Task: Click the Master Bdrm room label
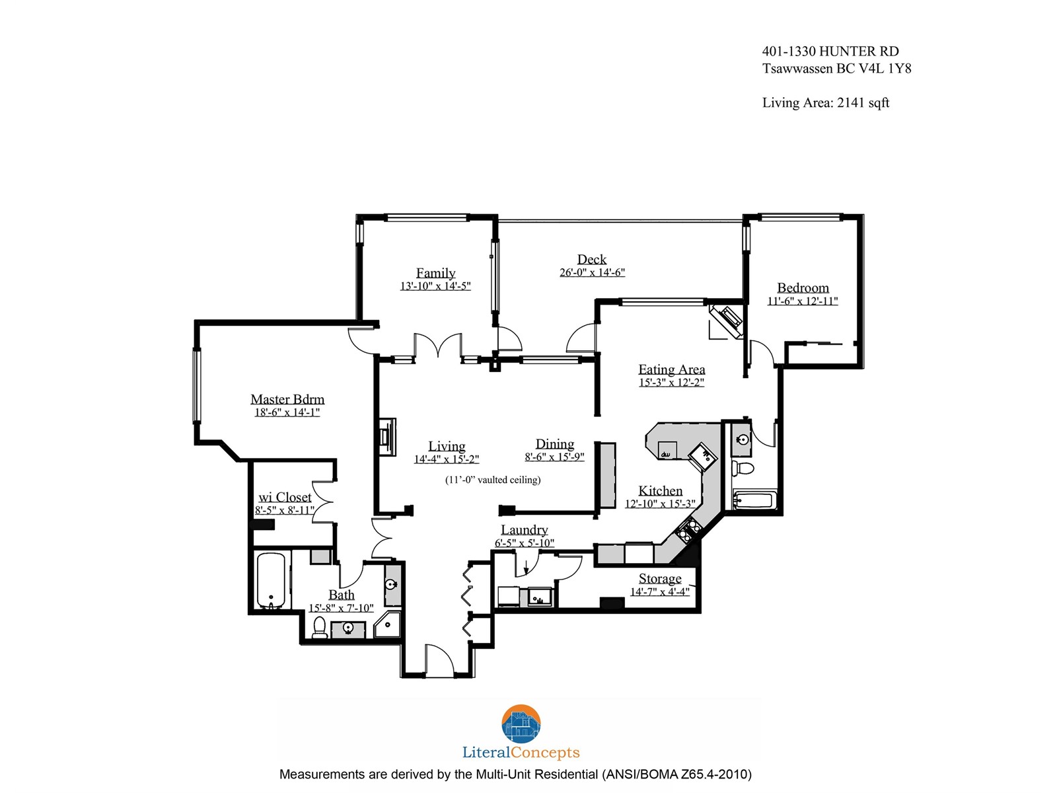pyautogui.click(x=287, y=399)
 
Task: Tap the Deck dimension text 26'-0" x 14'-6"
pyautogui.click(x=592, y=272)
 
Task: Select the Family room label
pyautogui.click(x=435, y=273)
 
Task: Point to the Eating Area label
pyautogui.click(x=671, y=369)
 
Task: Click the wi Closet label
pyautogui.click(x=285, y=497)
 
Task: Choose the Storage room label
pyautogui.click(x=660, y=578)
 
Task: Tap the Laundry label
pyautogui.click(x=524, y=529)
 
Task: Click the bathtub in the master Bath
pyautogui.click(x=271, y=581)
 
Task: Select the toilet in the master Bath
pyautogui.click(x=319, y=628)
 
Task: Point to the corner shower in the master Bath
pyautogui.click(x=388, y=624)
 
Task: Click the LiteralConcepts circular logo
pyautogui.click(x=521, y=724)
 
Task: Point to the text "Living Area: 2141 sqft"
pyautogui.click(x=825, y=102)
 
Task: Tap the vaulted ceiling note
pyautogui.click(x=493, y=480)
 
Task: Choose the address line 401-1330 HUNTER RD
pyautogui.click(x=830, y=51)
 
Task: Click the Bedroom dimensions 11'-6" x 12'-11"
pyautogui.click(x=802, y=301)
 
